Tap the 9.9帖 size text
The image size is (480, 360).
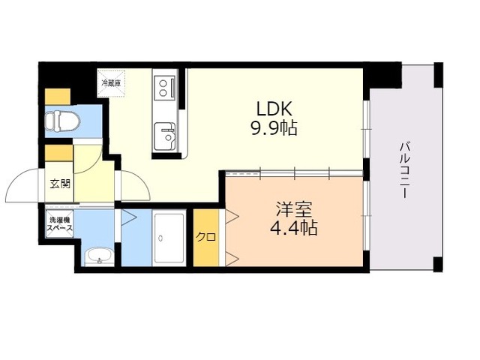coord(274,127)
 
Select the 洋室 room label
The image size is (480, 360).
coord(293,210)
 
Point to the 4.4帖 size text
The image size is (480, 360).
coord(293,228)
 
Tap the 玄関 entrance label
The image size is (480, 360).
coord(60,184)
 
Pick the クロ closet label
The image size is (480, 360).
coord(206,237)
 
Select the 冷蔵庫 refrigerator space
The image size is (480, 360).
coord(112,83)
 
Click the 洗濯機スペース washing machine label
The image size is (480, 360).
coord(60,223)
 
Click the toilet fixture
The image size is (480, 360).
coord(62,121)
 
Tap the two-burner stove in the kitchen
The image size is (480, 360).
coord(166,88)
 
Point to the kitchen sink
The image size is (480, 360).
coord(165,135)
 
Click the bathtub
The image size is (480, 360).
coord(169,238)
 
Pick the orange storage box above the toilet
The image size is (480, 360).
coord(58,97)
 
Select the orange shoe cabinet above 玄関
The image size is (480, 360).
coord(58,153)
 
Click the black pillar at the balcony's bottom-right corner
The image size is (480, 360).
coord(438,264)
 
